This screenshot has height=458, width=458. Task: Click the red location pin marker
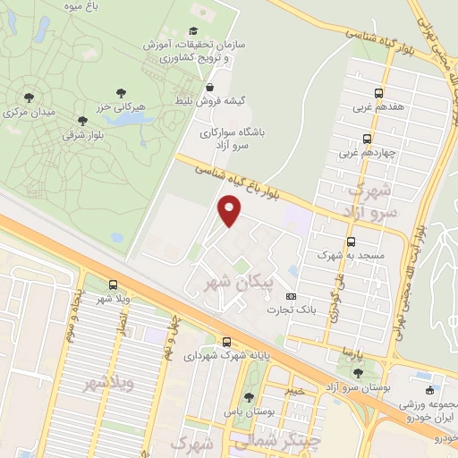coord(230,211)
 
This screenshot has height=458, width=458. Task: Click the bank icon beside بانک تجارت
coord(290,296)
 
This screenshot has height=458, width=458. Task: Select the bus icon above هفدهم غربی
coord(378,92)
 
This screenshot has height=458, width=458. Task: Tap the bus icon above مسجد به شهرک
coord(351,242)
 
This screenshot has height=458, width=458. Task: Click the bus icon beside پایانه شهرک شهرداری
coord(226,342)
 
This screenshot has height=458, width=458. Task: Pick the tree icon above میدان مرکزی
coord(29,98)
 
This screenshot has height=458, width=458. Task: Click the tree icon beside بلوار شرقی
coord(83,120)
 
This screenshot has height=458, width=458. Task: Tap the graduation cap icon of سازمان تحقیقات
coord(192,30)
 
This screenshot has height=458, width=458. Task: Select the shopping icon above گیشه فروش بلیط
coord(209,88)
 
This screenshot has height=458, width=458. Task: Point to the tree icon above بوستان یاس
coord(250,397)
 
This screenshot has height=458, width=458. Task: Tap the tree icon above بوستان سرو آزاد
coord(358,373)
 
